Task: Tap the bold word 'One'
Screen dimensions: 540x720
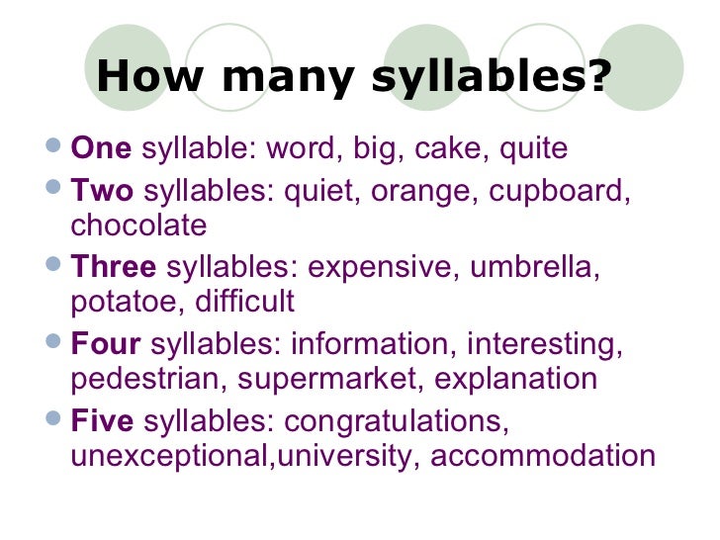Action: [101, 149]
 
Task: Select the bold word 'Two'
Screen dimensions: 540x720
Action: [102, 188]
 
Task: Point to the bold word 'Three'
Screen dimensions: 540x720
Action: [114, 266]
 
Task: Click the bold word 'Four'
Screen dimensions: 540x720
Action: [105, 344]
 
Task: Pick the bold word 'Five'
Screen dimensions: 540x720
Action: [102, 421]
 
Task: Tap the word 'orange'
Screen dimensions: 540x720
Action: [415, 188]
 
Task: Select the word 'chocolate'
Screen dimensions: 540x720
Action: [139, 225]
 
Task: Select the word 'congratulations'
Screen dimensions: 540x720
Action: [397, 421]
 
